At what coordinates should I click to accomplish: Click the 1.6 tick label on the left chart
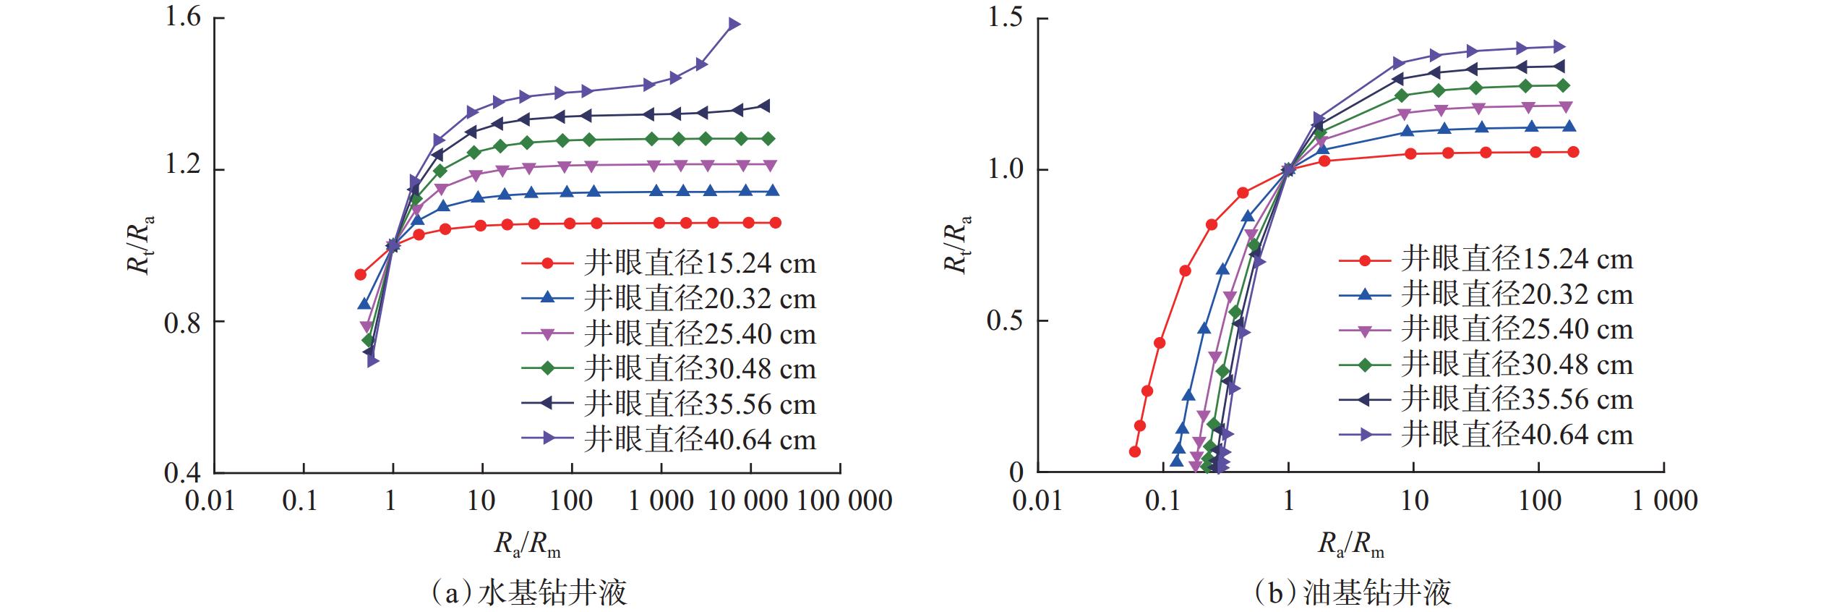184,17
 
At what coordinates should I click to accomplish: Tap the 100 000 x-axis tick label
844,501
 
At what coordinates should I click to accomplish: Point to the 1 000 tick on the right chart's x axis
1665,501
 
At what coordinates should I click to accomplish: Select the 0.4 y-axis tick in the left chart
184,473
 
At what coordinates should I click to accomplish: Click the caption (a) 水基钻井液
528,592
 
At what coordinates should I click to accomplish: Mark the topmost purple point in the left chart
734,24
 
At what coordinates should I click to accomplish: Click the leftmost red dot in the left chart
360,274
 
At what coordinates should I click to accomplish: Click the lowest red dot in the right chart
1134,451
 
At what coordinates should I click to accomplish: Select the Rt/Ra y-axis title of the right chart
956,244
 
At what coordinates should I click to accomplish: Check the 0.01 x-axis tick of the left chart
210,501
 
